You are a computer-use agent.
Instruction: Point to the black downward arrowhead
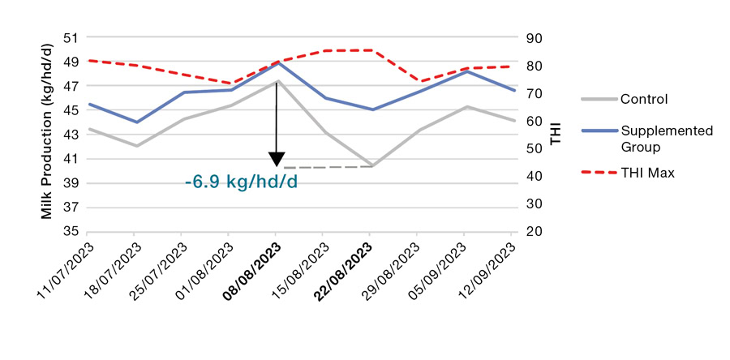pyautogui.click(x=277, y=159)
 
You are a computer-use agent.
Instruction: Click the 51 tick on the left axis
pyautogui.click(x=72, y=37)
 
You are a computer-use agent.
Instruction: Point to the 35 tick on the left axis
pyautogui.click(x=72, y=232)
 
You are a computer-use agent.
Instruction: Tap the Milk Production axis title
pyautogui.click(x=49, y=134)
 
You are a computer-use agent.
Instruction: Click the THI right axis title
pyautogui.click(x=556, y=135)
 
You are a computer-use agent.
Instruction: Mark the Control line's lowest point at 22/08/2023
pyautogui.click(x=371, y=165)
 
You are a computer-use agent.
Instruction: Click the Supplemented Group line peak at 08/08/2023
pyautogui.click(x=277, y=62)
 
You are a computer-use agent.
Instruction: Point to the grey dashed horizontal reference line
pyautogui.click(x=324, y=167)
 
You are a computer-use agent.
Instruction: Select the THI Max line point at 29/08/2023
pyautogui.click(x=418, y=81)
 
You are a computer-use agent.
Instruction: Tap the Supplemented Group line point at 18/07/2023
pyautogui.click(x=135, y=122)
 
